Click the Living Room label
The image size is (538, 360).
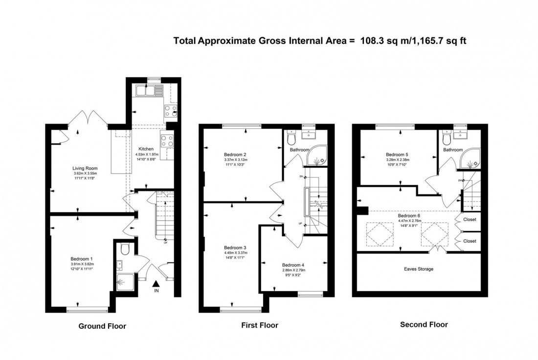pos(79,167)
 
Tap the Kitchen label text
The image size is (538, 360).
pos(146,149)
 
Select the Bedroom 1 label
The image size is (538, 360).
pos(81,259)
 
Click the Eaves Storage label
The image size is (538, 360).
pos(419,269)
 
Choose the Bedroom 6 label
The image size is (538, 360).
pos(408,215)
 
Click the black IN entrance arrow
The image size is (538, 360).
pos(156,284)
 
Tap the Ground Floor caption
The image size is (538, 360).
pos(102,326)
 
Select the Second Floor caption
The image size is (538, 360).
pos(424,324)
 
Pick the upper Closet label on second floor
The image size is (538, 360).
pos(470,220)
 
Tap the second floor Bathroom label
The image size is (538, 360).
pos(453,150)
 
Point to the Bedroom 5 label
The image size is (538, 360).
pos(397,153)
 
